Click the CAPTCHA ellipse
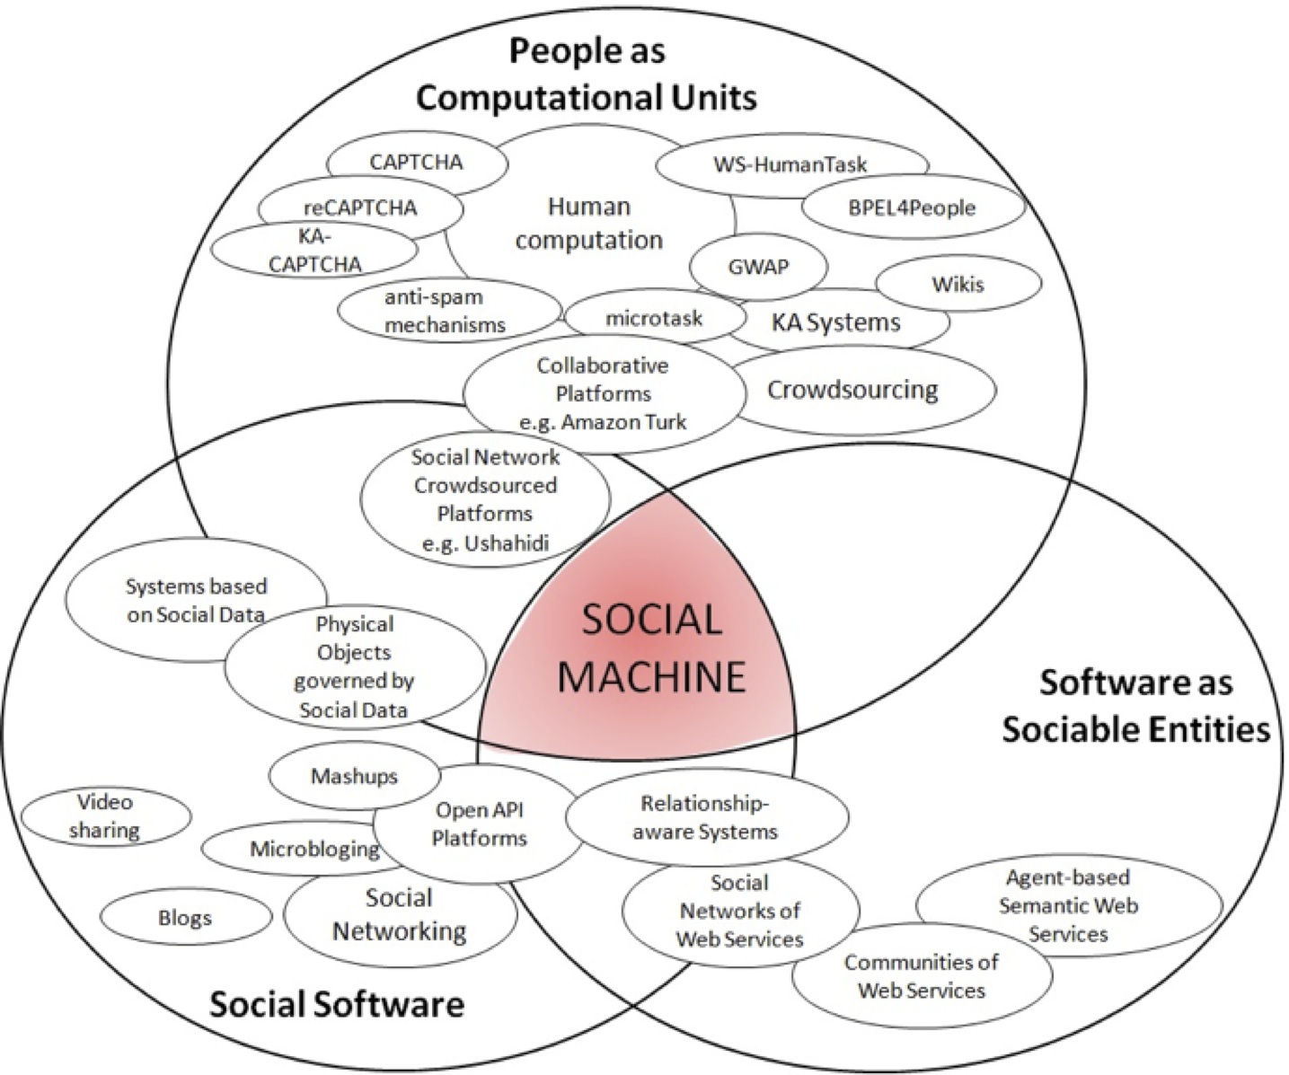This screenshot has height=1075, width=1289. pos(418,163)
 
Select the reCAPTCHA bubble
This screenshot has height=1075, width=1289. pos(360,208)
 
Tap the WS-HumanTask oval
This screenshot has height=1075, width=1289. pos(791,164)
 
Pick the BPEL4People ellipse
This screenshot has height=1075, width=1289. pos(913,208)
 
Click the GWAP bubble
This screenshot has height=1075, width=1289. pos(758,268)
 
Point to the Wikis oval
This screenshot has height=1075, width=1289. pos(958,284)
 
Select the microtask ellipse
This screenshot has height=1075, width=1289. pos(654,318)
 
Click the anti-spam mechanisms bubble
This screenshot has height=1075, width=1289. pos(449,311)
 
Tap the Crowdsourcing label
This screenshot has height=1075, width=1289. pos(852,390)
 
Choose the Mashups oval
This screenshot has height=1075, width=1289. pos(355,776)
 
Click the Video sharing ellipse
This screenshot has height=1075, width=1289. pos(106,816)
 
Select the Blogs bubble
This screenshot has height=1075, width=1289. pos(185,917)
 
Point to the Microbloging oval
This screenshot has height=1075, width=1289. pos(314,849)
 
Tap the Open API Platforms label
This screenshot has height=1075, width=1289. pos(479,824)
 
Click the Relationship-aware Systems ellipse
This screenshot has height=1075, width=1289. pos(707,817)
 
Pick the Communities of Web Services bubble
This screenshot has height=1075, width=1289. pos(922,975)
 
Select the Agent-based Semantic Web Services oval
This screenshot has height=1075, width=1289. pos(1069,905)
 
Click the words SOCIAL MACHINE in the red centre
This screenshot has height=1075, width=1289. pos(652,648)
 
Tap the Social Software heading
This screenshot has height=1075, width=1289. pos(337,1004)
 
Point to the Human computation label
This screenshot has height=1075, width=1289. pos(589,224)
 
